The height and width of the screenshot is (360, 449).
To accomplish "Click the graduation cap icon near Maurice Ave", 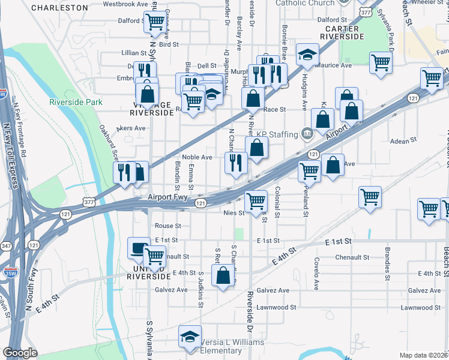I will coord(307,55).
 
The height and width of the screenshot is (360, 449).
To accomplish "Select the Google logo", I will coord(20,353).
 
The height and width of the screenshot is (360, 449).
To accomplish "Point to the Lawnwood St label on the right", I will coord(421,308).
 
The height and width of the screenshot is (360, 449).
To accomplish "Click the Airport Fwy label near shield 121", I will coord(168,196).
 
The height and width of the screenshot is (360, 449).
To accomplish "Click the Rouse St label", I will coord(168,226).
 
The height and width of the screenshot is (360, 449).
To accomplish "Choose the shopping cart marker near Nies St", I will coord(256,200).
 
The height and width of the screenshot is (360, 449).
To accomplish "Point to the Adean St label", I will coord(403,140).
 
